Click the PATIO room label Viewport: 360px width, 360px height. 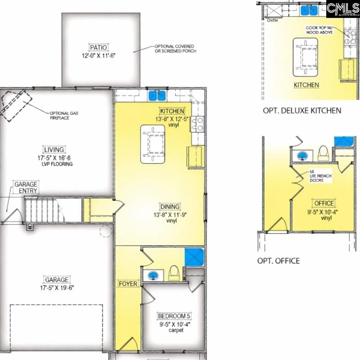tap(98, 47)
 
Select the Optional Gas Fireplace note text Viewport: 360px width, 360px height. tap(64, 116)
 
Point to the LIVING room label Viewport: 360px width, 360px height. tap(54, 150)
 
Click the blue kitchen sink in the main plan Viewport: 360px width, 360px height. tap(157, 95)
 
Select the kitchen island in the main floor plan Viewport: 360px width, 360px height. tap(153, 144)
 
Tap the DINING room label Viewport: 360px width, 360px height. tap(170, 207)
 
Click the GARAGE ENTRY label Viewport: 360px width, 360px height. tap(26, 187)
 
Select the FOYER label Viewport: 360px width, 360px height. tap(128, 284)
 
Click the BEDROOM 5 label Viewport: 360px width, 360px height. tap(174, 316)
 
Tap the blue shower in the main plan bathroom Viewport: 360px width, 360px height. tap(194, 257)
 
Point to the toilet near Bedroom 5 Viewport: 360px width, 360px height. tap(173, 273)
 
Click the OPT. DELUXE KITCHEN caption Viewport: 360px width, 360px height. tap(302, 110)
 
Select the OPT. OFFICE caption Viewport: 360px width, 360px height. tap(278, 261)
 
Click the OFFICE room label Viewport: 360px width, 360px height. tap(324, 203)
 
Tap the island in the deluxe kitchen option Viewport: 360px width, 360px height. tap(306, 57)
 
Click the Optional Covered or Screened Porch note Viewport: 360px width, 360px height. tap(175, 49)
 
